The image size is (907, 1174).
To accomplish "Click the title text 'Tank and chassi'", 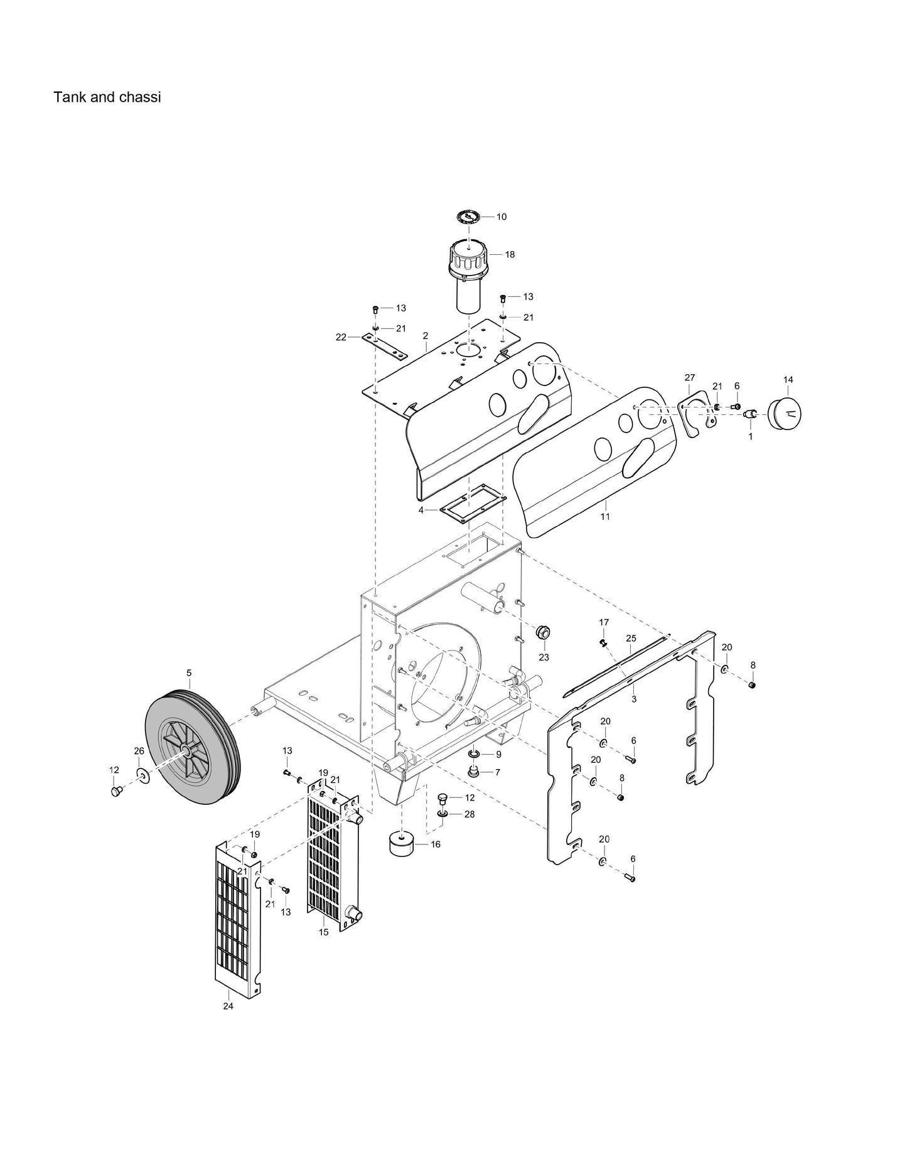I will point(107,97).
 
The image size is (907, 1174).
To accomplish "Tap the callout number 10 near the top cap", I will point(502,217).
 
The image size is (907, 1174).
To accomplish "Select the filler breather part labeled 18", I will point(468,276).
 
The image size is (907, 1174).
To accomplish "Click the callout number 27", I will point(689,378).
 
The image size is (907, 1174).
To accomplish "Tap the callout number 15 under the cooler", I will point(323,932).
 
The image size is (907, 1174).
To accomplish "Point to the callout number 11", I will point(605,517).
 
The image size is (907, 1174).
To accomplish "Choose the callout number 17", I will point(604,622).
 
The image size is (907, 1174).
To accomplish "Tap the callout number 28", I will point(470,814).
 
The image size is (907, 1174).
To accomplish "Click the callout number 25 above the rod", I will point(631,638).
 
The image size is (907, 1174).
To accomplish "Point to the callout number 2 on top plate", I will point(426,336).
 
